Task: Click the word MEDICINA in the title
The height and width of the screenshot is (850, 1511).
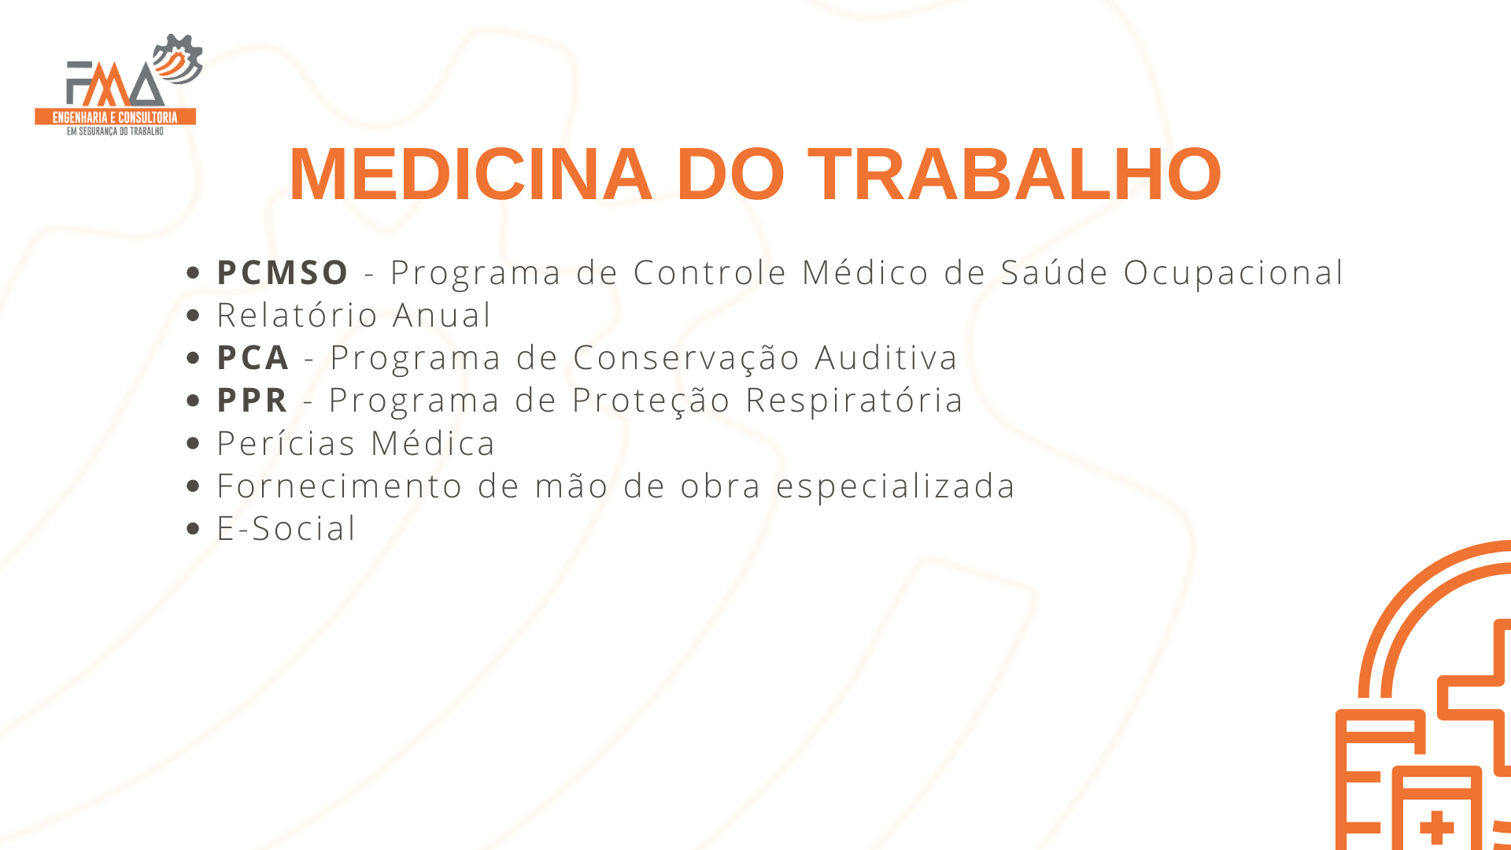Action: [471, 174]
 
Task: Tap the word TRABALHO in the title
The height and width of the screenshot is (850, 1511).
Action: [1014, 174]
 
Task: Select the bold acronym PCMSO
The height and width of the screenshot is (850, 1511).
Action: [283, 272]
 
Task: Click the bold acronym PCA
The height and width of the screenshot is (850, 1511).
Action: [253, 357]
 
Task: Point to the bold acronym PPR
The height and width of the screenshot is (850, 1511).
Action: [252, 400]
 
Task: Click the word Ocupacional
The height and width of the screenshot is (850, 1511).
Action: [1233, 273]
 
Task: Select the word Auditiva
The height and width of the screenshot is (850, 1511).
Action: [885, 357]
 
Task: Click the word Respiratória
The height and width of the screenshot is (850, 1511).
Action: [854, 401]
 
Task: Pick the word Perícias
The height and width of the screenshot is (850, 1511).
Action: [286, 443]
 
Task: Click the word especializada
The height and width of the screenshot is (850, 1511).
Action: [896, 486]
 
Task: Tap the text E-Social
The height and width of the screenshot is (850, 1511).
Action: [286, 528]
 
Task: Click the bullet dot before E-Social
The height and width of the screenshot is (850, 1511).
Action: [194, 528]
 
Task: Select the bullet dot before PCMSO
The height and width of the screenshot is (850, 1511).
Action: [194, 272]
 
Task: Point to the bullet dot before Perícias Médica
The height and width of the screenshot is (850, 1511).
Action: [194, 443]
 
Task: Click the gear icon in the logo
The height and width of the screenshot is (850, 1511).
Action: [179, 59]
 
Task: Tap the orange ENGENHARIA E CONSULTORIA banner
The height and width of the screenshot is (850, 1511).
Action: [115, 117]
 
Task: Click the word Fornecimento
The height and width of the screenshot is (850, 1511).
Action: [339, 486]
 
